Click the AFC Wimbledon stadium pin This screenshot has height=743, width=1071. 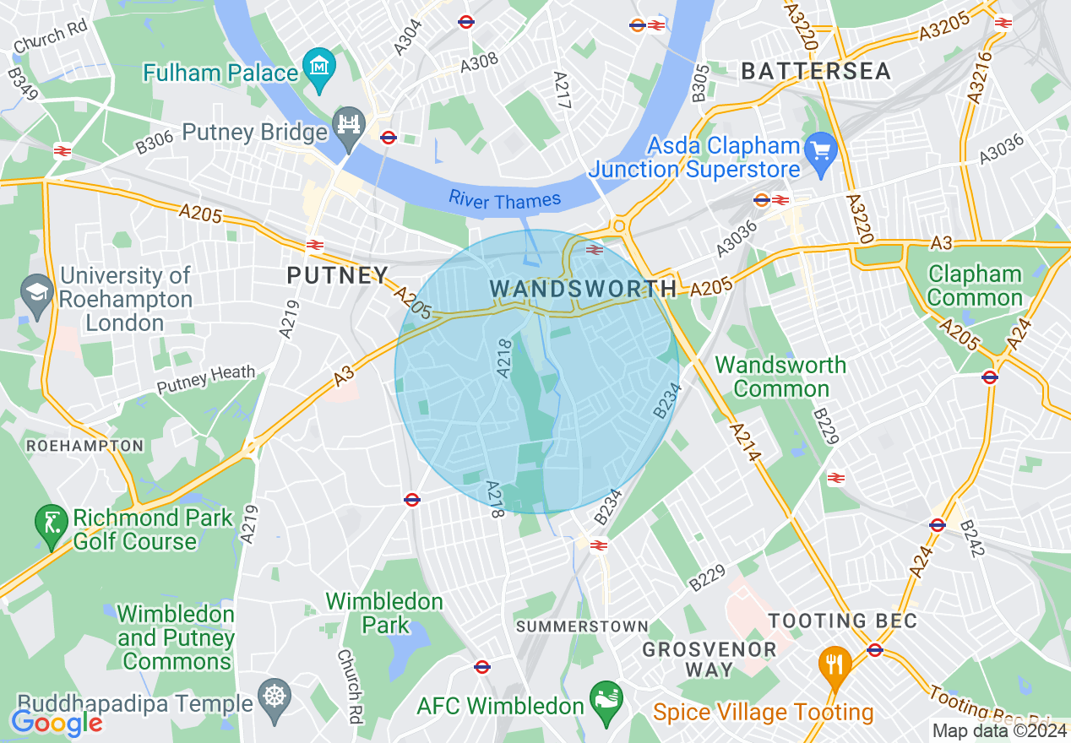pyautogui.click(x=606, y=702)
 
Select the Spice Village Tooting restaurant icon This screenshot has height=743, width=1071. pyautogui.click(x=835, y=664)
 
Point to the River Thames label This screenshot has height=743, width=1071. pyautogui.click(x=504, y=200)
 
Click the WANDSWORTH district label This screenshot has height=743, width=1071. pyautogui.click(x=583, y=289)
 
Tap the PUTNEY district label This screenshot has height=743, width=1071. pyautogui.click(x=337, y=275)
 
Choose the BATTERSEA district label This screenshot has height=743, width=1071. pyautogui.click(x=816, y=72)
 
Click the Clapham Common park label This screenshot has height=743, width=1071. pyautogui.click(x=975, y=286)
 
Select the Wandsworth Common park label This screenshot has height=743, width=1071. pyautogui.click(x=780, y=377)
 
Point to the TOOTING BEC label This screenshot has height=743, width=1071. pyautogui.click(x=842, y=621)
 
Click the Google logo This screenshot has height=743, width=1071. pyautogui.click(x=57, y=723)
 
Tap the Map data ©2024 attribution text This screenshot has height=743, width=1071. pyautogui.click(x=999, y=730)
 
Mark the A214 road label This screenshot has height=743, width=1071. pyautogui.click(x=741, y=441)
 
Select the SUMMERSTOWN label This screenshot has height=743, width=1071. pyautogui.click(x=582, y=626)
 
